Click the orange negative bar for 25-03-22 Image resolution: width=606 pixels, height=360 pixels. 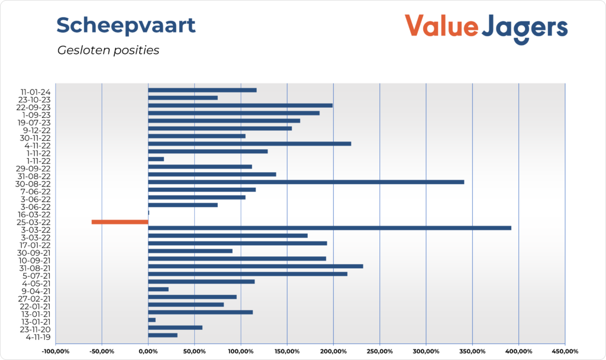(x=120, y=222)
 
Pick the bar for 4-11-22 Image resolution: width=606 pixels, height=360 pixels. (x=249, y=143)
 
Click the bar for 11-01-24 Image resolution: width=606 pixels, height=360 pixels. (x=202, y=90)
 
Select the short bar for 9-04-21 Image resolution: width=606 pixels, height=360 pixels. (x=158, y=289)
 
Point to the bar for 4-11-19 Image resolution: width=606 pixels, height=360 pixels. (x=162, y=335)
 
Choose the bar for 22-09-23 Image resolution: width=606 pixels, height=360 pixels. (x=240, y=105)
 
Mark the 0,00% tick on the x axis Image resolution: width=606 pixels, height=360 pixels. (x=148, y=352)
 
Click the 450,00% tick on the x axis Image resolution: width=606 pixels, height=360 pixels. (x=565, y=352)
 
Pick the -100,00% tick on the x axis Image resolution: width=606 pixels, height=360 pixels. (x=55, y=352)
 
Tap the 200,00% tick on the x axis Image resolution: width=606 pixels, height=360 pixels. (x=333, y=352)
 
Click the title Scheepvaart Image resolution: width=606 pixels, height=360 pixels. (x=125, y=25)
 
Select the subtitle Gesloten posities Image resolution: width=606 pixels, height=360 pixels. (x=108, y=50)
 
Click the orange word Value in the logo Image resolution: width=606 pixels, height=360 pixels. (x=440, y=27)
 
